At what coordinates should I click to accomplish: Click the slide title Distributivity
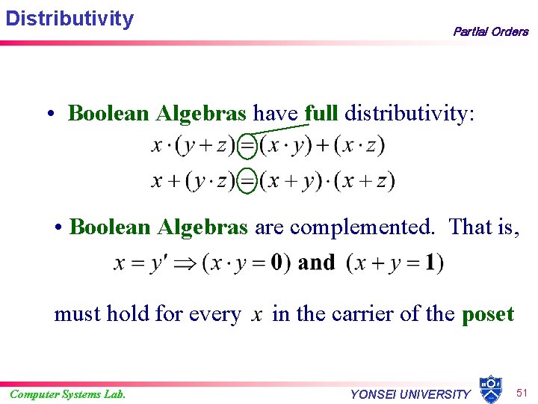click(x=69, y=18)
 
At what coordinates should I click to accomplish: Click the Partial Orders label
click(x=490, y=31)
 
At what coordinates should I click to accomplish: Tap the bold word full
click(x=321, y=113)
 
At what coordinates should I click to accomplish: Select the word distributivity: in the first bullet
click(x=409, y=113)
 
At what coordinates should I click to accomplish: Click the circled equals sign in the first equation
click(x=247, y=144)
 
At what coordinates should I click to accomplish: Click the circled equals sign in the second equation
click(x=247, y=180)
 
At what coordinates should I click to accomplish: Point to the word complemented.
click(x=344, y=227)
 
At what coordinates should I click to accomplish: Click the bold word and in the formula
click(x=317, y=263)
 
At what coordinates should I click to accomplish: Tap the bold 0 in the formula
click(x=276, y=263)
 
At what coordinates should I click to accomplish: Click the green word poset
click(x=488, y=313)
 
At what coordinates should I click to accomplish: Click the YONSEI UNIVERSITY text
click(x=410, y=394)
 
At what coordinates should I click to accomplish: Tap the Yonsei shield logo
click(x=489, y=389)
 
